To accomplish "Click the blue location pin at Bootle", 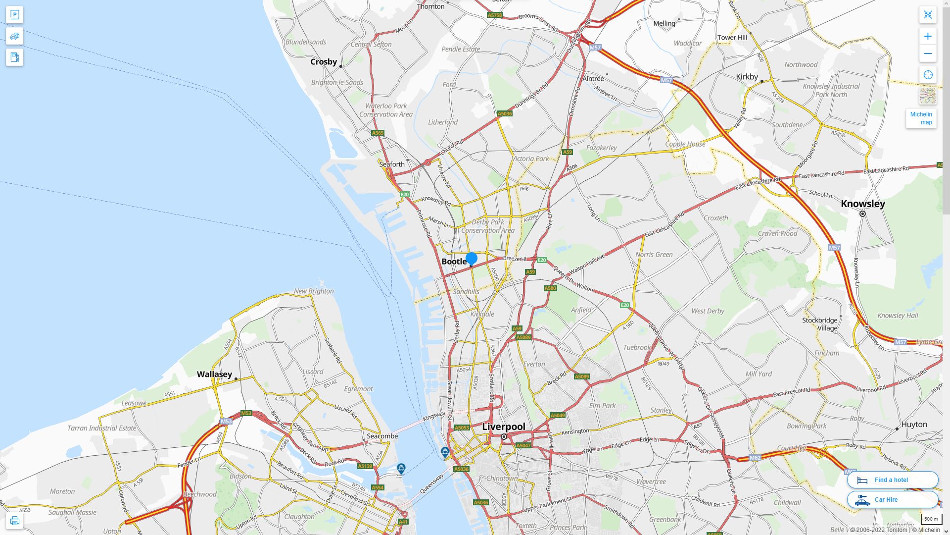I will coord(472,258).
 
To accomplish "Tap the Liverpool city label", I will coord(504,427).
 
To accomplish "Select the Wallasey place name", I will coord(214,374).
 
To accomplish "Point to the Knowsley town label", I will coord(863,204).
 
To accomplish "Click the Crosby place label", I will coord(324,61).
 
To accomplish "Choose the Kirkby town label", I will coord(747,76).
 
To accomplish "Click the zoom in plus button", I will coord(928,36).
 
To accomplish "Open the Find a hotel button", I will coord(892,480).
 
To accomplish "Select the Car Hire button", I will coord(892,499).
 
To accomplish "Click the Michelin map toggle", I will coord(921,118).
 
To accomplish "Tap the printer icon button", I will coord(14,521).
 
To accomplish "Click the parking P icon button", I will coord(14,15).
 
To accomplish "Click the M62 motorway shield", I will coord(755,458).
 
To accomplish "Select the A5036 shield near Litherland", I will coord(505,113).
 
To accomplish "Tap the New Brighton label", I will coord(314,291).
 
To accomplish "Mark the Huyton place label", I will coord(914,424).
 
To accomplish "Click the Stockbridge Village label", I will coord(820,324).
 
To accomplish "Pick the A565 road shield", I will coord(378,133).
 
